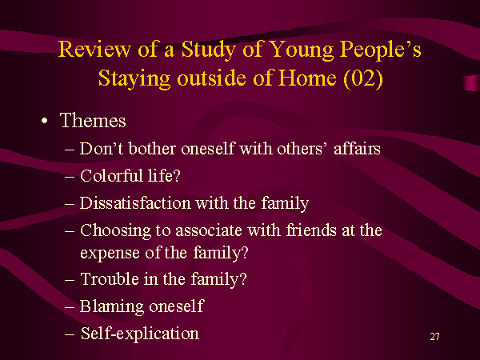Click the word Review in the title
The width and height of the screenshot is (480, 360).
[x=94, y=49]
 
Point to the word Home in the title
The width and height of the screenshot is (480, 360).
[x=307, y=78]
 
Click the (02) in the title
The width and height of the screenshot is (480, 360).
[x=363, y=79]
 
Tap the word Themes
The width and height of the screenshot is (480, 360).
[x=93, y=120]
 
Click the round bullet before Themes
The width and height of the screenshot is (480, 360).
[x=45, y=121]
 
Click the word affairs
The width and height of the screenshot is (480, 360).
[x=357, y=149]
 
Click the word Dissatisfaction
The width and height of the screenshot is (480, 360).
[x=135, y=203]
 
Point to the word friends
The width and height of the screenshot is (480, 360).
[x=311, y=230]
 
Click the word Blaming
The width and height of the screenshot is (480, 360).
[x=112, y=306]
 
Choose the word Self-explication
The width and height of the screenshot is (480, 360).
[x=139, y=334]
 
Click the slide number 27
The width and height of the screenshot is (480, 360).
[x=434, y=337]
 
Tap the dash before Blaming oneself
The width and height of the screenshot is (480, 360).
[x=70, y=307]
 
